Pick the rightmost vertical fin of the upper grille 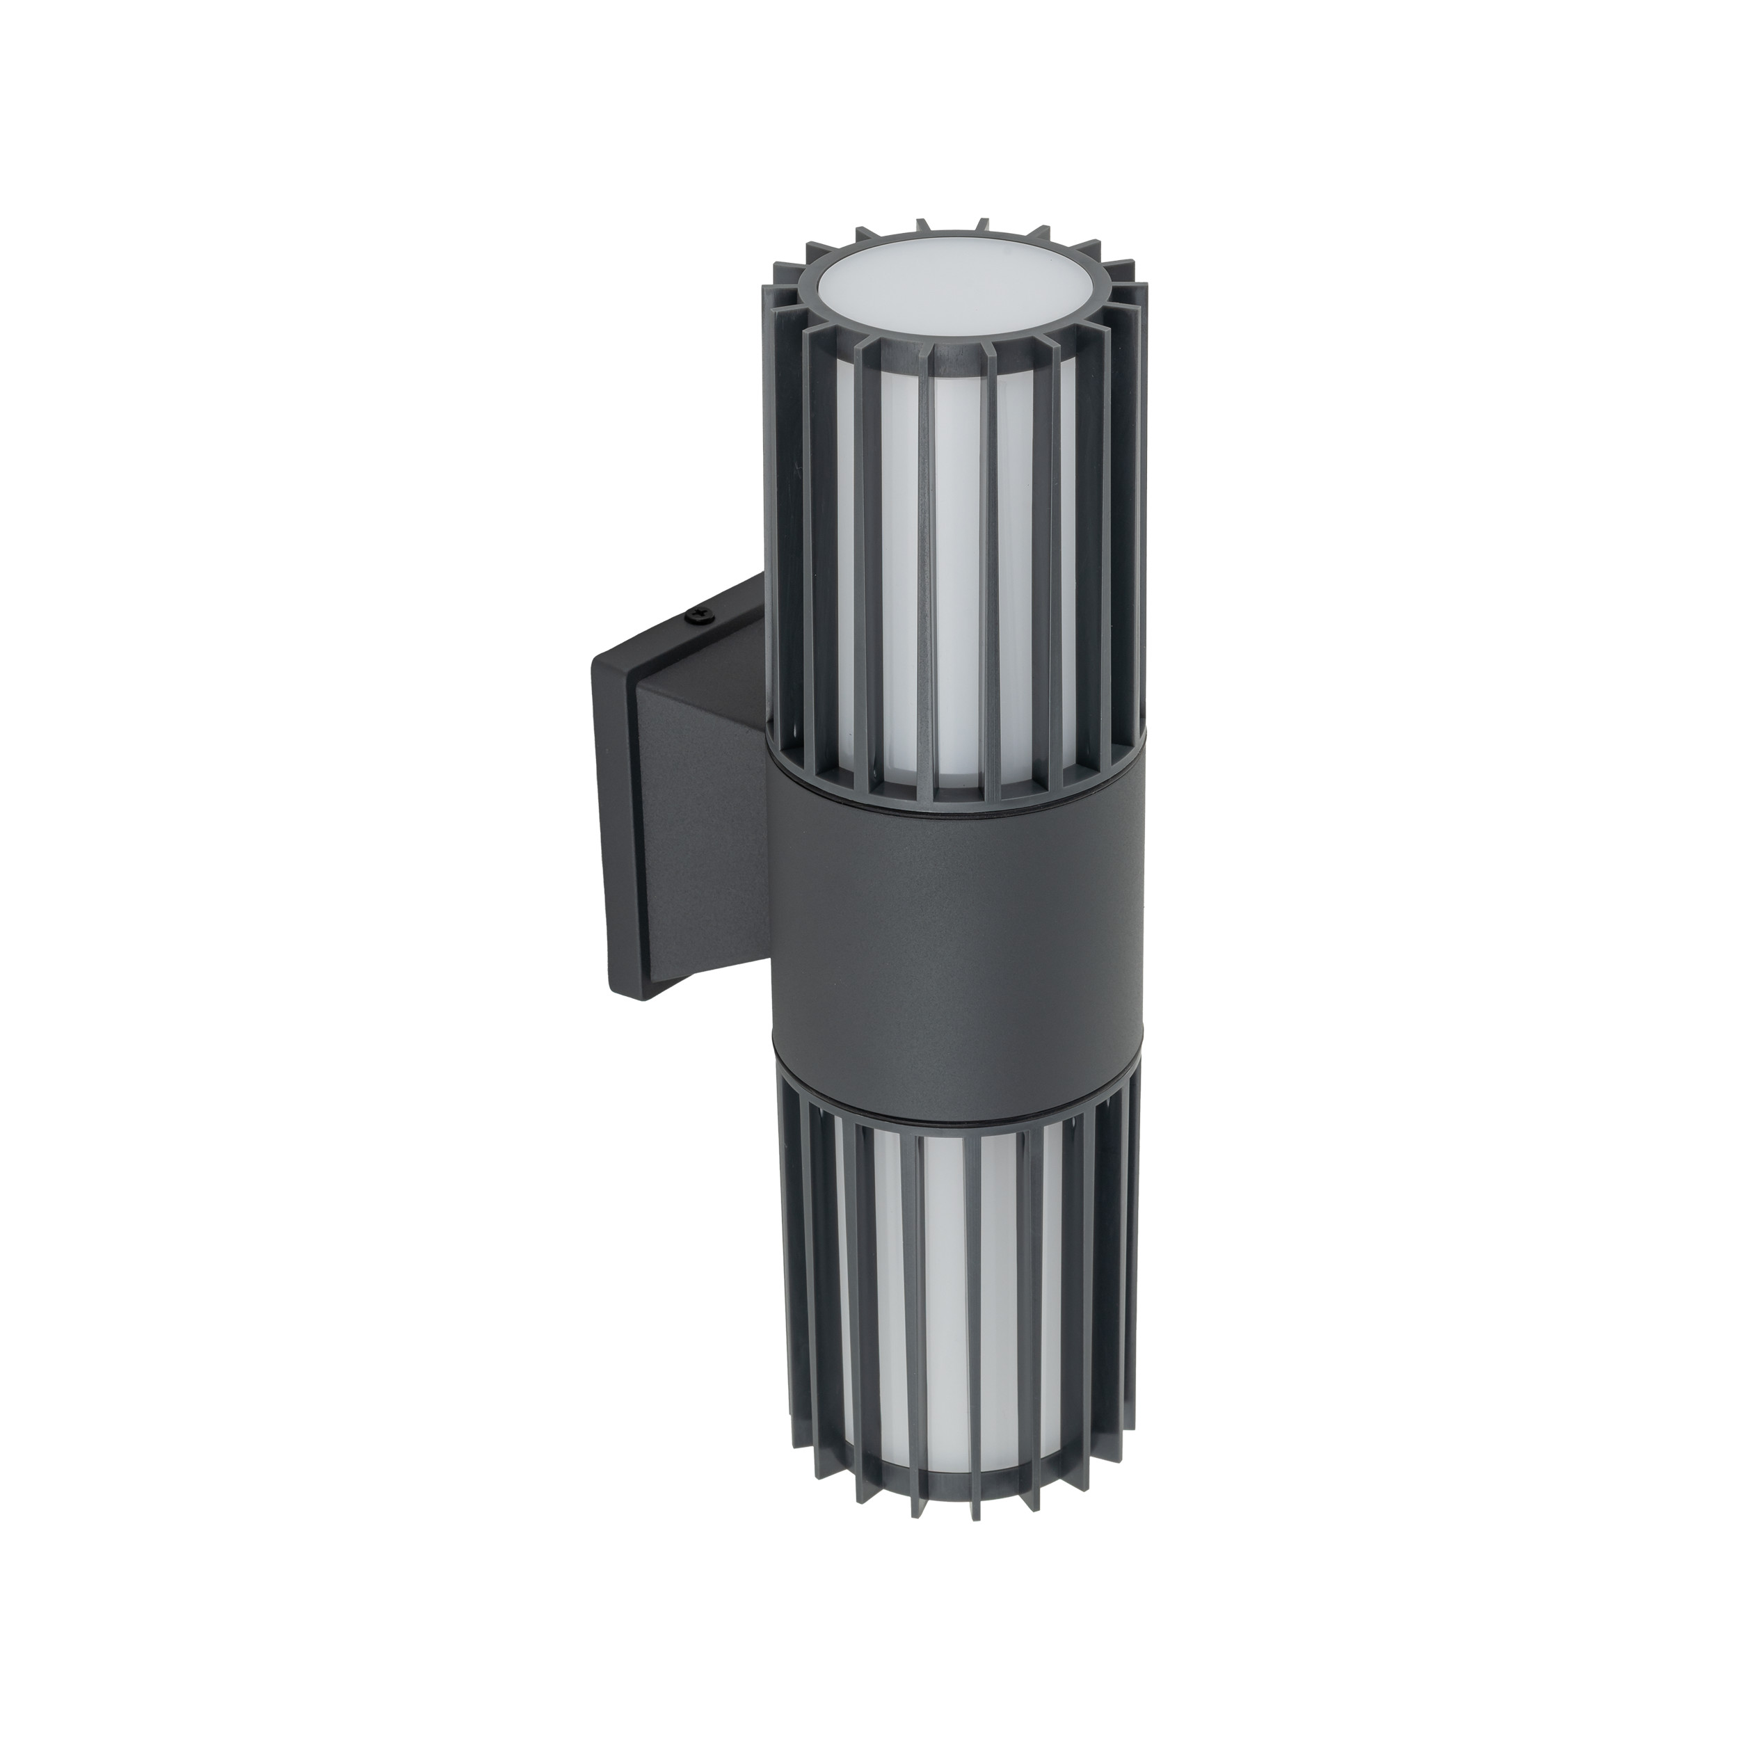click(x=1136, y=504)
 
